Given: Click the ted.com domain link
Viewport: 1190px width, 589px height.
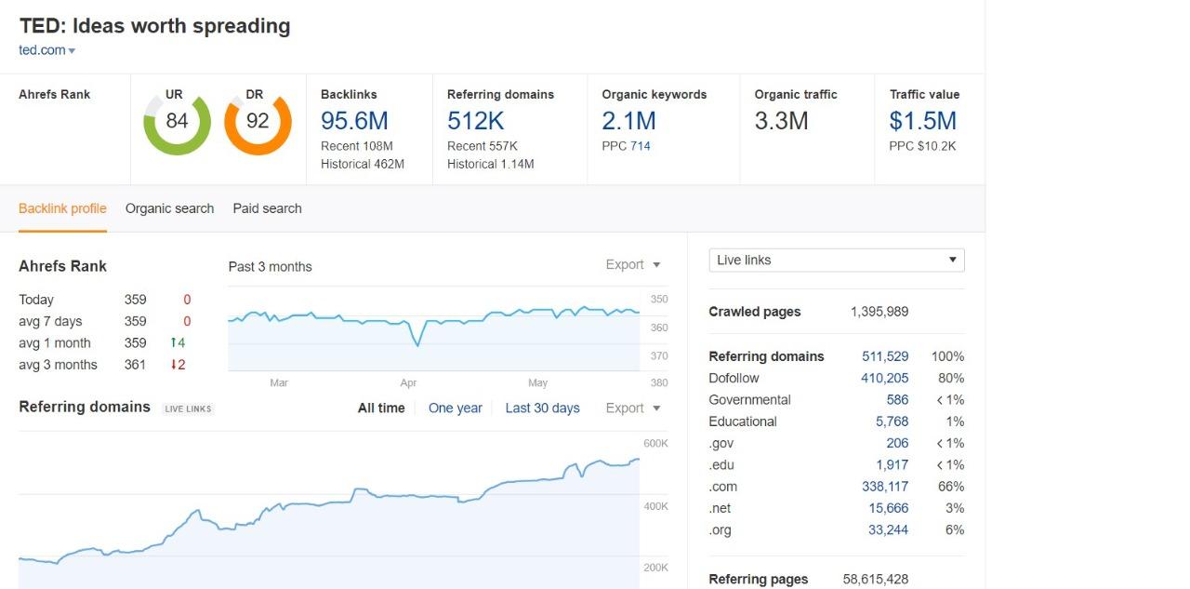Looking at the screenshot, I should (42, 50).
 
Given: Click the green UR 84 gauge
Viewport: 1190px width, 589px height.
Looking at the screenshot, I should (177, 122).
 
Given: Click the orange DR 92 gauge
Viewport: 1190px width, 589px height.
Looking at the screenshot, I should (258, 122).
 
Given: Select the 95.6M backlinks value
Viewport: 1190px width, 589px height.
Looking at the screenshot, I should (354, 121).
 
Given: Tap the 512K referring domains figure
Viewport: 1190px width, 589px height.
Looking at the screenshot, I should (475, 121).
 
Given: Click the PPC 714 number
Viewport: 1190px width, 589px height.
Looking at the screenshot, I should (640, 146).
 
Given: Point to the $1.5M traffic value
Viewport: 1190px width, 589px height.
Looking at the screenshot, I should (922, 121).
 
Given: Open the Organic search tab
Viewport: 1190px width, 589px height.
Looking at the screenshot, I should (169, 208).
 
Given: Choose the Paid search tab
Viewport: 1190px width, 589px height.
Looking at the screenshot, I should (267, 208).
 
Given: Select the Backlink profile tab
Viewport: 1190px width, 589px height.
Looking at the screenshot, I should (62, 208).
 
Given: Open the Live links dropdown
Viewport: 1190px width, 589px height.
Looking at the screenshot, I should (836, 260).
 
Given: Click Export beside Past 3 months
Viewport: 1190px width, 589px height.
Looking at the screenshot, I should (632, 265).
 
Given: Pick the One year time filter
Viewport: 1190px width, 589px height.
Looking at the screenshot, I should (455, 408).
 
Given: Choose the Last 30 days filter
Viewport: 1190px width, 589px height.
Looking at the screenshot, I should (542, 408).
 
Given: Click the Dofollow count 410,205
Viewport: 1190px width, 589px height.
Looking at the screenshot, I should (884, 378).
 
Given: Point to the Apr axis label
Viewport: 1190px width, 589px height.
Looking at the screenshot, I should (408, 382).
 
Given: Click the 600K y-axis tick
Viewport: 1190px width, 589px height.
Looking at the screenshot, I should (655, 444).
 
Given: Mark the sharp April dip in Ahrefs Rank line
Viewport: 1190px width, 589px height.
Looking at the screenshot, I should (417, 345).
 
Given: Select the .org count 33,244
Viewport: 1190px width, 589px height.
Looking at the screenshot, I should (888, 529).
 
